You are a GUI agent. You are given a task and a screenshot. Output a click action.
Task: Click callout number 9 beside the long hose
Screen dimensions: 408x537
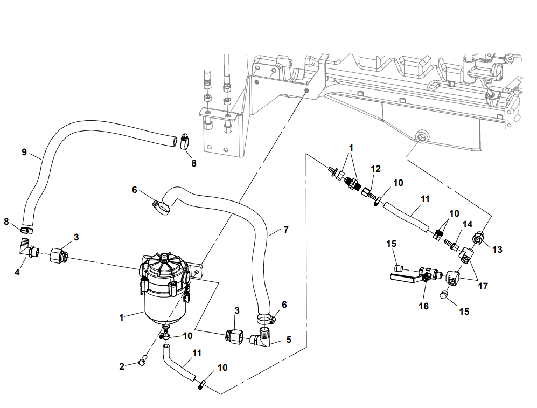click(x=24, y=152)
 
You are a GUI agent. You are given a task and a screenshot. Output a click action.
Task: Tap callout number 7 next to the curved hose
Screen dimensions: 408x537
click(x=285, y=230)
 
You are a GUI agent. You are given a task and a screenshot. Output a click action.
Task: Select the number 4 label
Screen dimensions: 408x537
click(x=17, y=273)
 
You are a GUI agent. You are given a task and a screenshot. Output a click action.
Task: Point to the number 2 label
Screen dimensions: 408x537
click(x=122, y=366)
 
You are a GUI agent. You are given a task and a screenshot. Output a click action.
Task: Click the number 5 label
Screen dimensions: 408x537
click(x=289, y=340)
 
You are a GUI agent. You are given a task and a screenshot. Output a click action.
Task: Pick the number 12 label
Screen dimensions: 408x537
click(x=375, y=169)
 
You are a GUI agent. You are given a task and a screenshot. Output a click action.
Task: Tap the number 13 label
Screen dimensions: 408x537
click(x=497, y=250)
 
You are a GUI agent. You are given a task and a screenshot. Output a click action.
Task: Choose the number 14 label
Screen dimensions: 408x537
click(x=466, y=224)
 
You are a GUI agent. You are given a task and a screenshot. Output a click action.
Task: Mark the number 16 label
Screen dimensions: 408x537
click(x=424, y=306)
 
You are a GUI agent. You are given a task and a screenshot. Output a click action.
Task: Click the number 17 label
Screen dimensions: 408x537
click(x=483, y=286)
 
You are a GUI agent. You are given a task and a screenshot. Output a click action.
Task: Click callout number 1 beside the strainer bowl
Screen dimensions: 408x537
click(x=122, y=317)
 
